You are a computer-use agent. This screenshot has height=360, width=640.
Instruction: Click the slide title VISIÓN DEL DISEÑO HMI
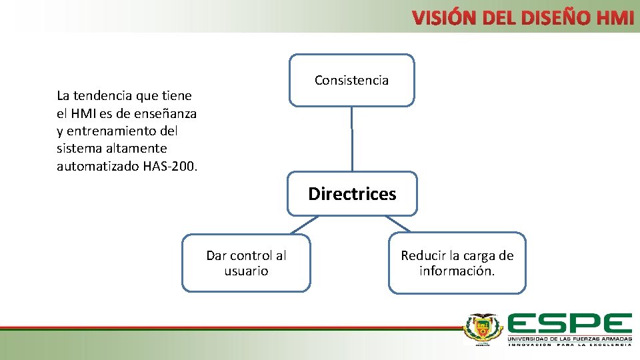(x=523, y=18)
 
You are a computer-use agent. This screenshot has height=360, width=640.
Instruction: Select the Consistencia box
(x=351, y=80)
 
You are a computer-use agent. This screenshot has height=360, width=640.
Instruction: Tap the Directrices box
(x=351, y=194)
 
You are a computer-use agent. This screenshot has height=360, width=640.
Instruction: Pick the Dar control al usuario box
(x=246, y=263)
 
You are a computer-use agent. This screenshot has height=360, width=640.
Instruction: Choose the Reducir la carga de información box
(x=457, y=263)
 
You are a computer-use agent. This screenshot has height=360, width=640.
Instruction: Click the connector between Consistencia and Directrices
(x=352, y=139)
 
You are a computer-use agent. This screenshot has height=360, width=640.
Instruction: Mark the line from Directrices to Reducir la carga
(x=399, y=224)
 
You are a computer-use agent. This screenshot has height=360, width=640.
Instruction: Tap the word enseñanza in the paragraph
(x=167, y=113)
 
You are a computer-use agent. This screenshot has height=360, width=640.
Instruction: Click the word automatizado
(x=98, y=166)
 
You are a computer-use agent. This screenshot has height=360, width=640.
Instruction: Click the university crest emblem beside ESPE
(x=483, y=329)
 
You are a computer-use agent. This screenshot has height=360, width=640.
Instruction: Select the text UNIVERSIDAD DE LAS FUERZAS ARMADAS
(x=569, y=339)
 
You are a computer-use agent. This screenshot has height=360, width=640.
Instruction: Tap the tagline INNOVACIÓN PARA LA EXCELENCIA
(x=569, y=345)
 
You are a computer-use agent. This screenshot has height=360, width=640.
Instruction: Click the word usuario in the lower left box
(x=246, y=271)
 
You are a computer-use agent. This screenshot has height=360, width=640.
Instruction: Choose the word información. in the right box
(x=457, y=271)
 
